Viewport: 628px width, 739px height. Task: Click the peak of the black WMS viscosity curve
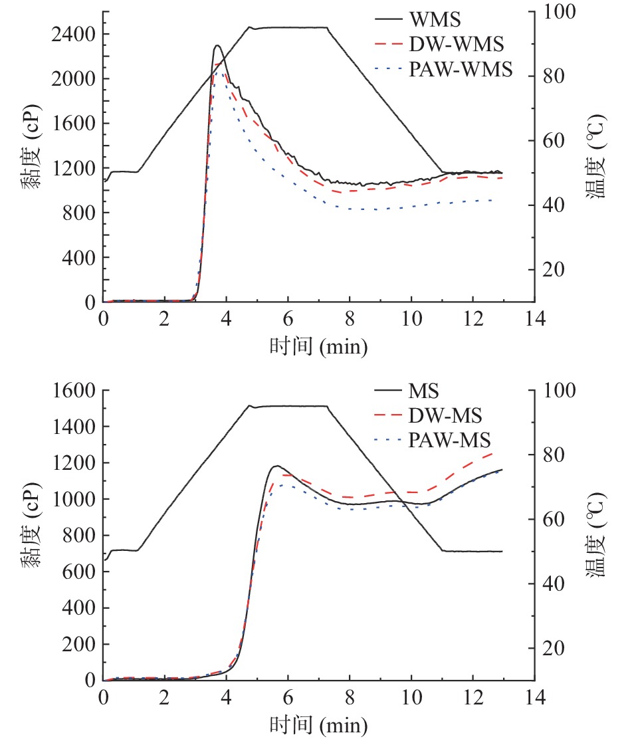pos(217,46)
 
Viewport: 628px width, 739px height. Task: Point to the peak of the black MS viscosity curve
pos(276,466)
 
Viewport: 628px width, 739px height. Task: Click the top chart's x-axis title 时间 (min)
pos(318,346)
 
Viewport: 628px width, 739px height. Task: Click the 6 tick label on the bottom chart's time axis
pos(288,697)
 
